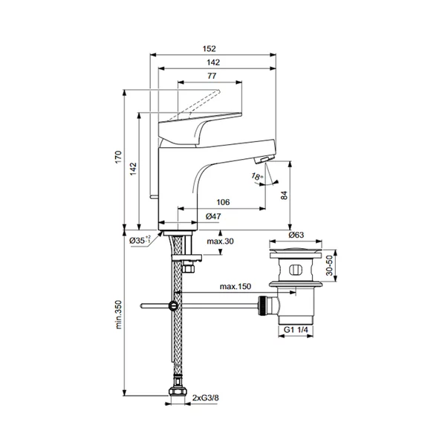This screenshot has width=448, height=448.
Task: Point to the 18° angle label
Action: [x=257, y=176]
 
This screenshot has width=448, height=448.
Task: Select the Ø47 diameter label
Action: [x=214, y=216]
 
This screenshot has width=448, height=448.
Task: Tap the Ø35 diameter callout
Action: [x=139, y=240]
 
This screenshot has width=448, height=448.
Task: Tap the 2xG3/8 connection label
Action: [x=206, y=399]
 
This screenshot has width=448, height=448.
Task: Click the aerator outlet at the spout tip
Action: [x=262, y=160]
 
